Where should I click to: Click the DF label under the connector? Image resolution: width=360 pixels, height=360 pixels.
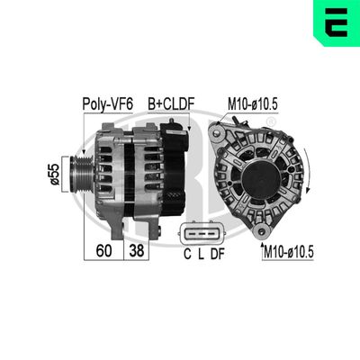click(217, 254)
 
